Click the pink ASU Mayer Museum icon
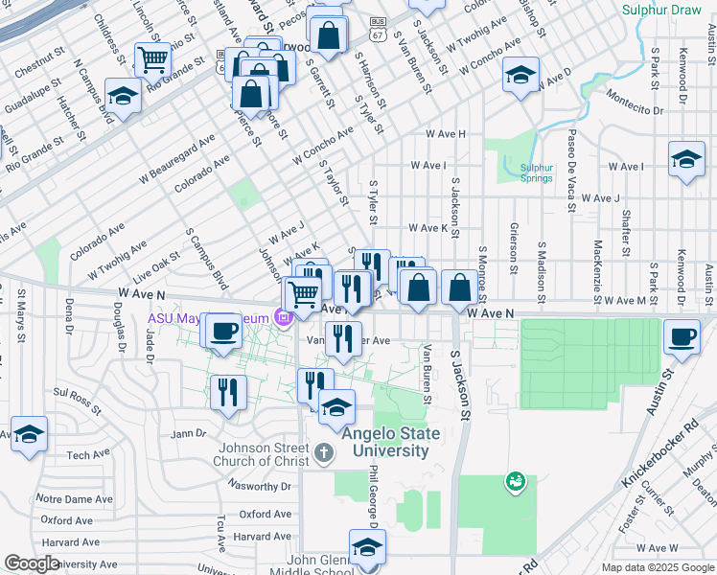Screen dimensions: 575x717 [x=283, y=317]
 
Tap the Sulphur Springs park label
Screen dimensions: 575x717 [x=537, y=172]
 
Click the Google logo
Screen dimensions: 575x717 [x=32, y=563]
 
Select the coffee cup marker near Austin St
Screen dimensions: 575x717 [x=682, y=337]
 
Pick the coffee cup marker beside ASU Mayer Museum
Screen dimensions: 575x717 [x=223, y=332]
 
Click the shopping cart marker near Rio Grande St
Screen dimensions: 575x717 [x=152, y=60]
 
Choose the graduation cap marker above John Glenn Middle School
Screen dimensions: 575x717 [x=366, y=547]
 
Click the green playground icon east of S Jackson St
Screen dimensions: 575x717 [x=515, y=478]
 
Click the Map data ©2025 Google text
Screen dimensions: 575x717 [x=657, y=567]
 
